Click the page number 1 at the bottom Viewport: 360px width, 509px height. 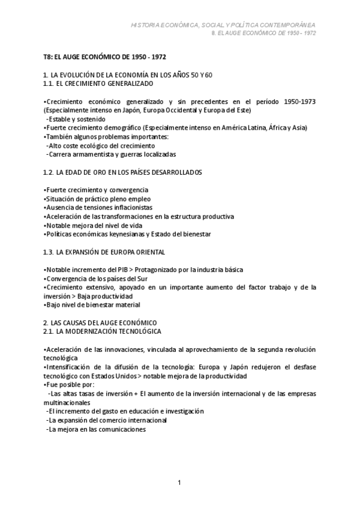[x=179, y=483]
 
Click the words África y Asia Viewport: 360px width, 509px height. [x=284, y=128]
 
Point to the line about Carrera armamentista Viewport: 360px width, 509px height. [x=99, y=154]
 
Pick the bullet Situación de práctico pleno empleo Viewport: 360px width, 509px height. [x=90, y=199]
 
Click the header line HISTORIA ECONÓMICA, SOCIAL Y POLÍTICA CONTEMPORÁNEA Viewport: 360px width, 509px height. [x=223, y=25]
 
